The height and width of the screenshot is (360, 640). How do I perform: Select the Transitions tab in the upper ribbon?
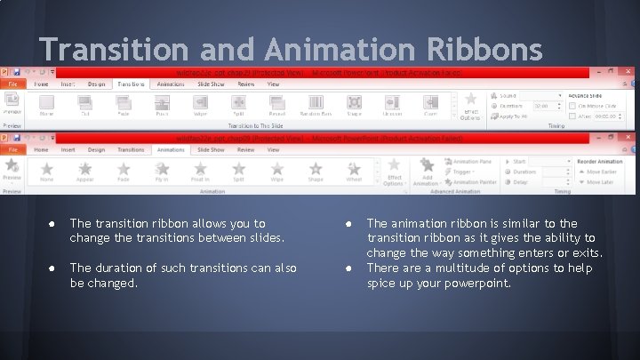click(131, 84)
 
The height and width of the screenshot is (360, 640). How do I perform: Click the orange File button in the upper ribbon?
click(13, 84)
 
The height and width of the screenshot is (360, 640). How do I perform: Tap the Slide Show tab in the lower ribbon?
click(211, 150)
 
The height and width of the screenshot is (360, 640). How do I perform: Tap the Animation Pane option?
click(471, 162)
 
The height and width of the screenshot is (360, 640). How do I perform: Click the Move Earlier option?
click(598, 172)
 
